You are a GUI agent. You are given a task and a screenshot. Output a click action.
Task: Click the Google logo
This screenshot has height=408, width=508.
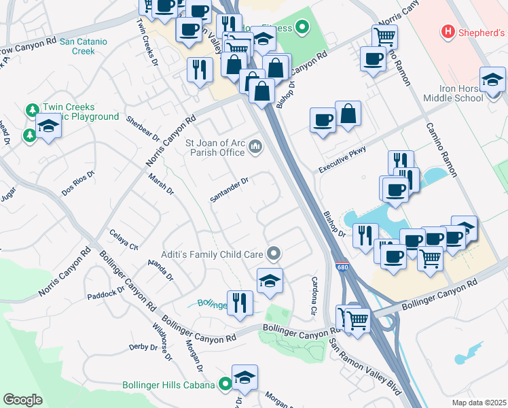click(22, 400)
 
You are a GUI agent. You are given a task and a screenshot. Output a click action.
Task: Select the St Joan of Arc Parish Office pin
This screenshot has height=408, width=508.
click(256, 146)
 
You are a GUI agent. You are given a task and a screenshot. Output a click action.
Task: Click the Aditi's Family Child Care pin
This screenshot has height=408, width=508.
click(274, 254)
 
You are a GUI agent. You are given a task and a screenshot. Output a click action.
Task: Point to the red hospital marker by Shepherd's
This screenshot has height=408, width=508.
click(448, 31)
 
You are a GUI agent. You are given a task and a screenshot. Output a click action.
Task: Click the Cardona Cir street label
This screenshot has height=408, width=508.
click(314, 291)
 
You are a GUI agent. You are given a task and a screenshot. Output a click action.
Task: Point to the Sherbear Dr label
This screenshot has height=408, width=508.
click(143, 129)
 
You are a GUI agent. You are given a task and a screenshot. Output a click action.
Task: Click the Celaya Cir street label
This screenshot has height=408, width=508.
click(124, 239)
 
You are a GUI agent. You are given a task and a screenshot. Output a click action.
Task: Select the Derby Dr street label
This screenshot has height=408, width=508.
click(143, 347)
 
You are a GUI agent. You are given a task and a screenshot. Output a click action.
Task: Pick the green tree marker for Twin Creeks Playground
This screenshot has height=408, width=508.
click(32, 110)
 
